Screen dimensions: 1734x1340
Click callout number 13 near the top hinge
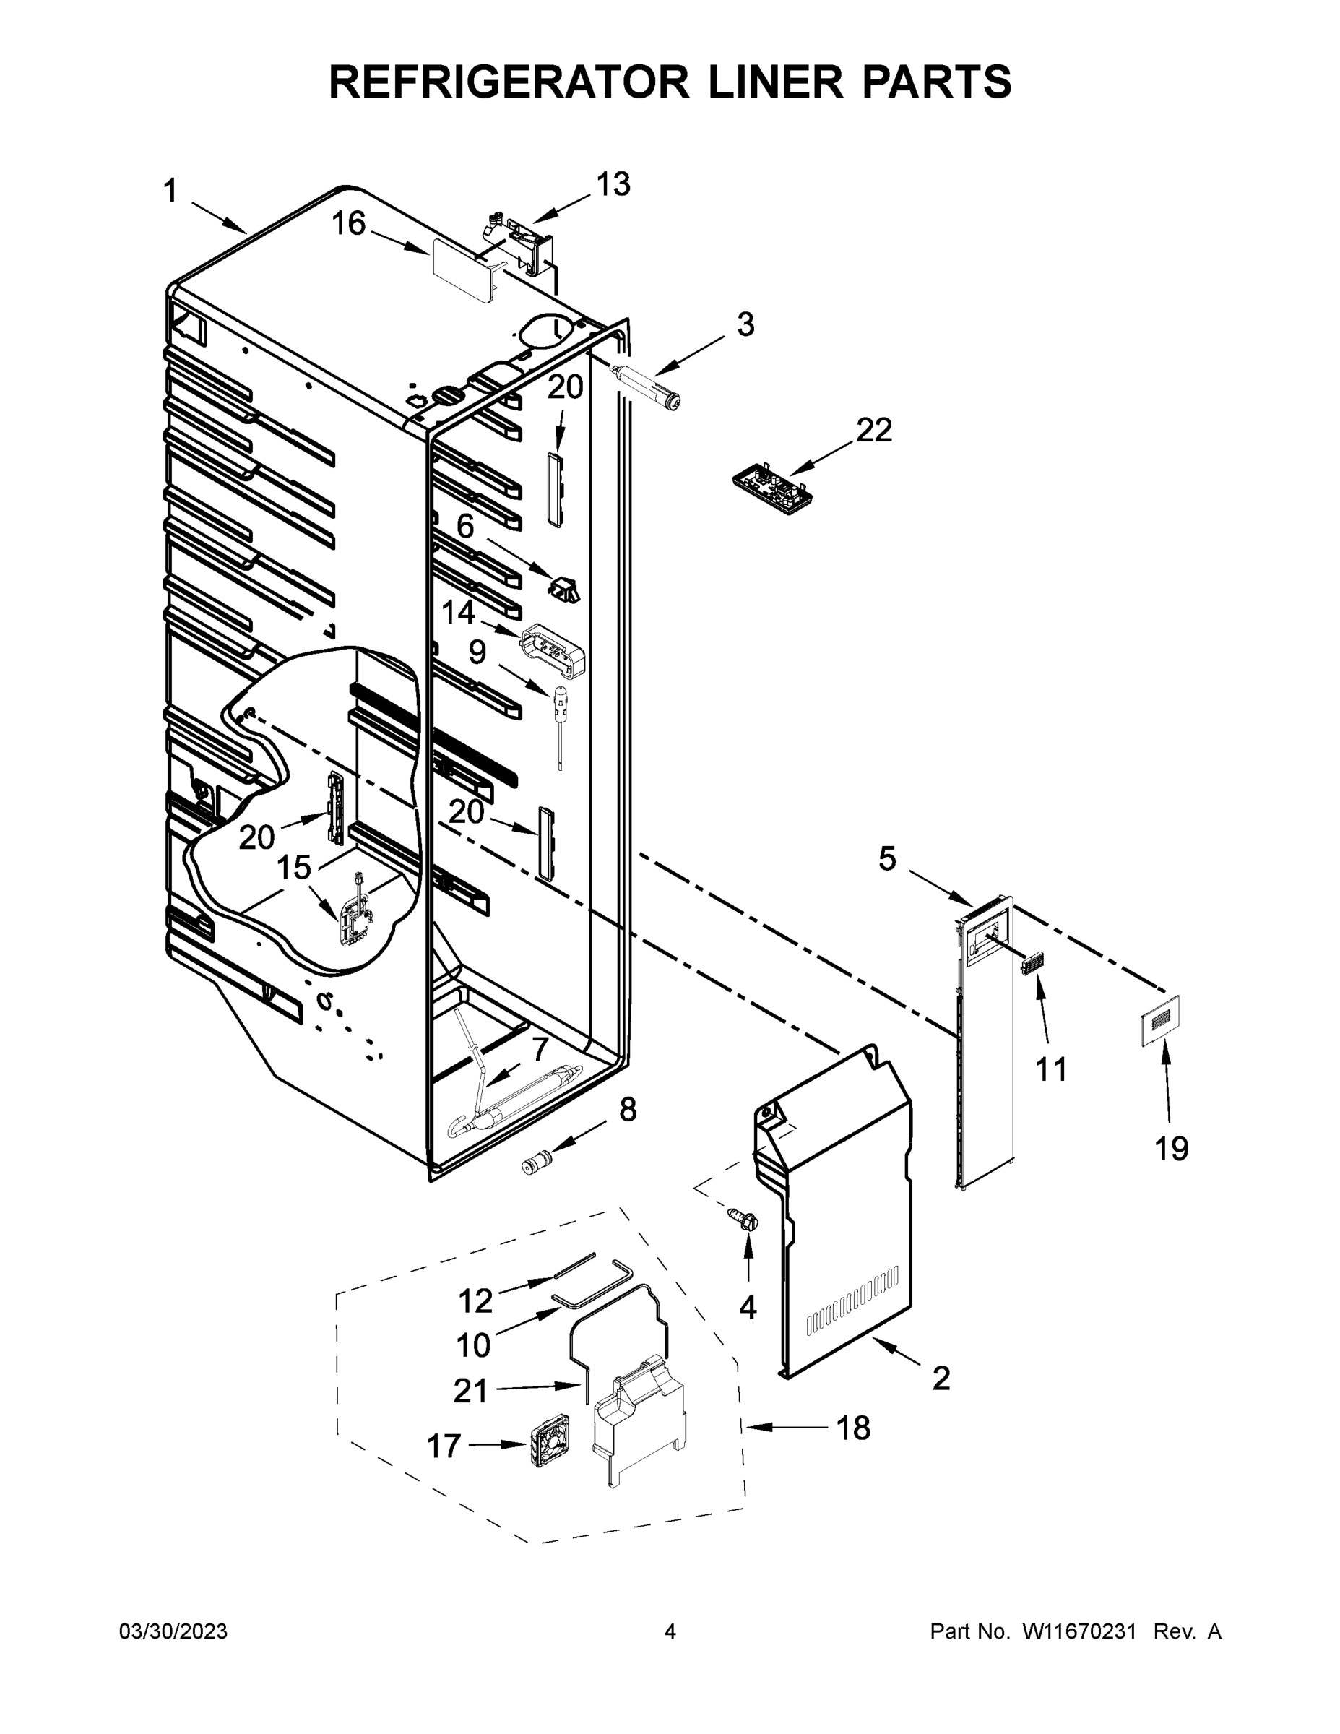pos(613,184)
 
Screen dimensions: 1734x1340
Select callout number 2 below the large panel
pos(941,1379)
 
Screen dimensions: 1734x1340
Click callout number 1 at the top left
pos(170,191)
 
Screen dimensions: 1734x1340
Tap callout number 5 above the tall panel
pos(887,859)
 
